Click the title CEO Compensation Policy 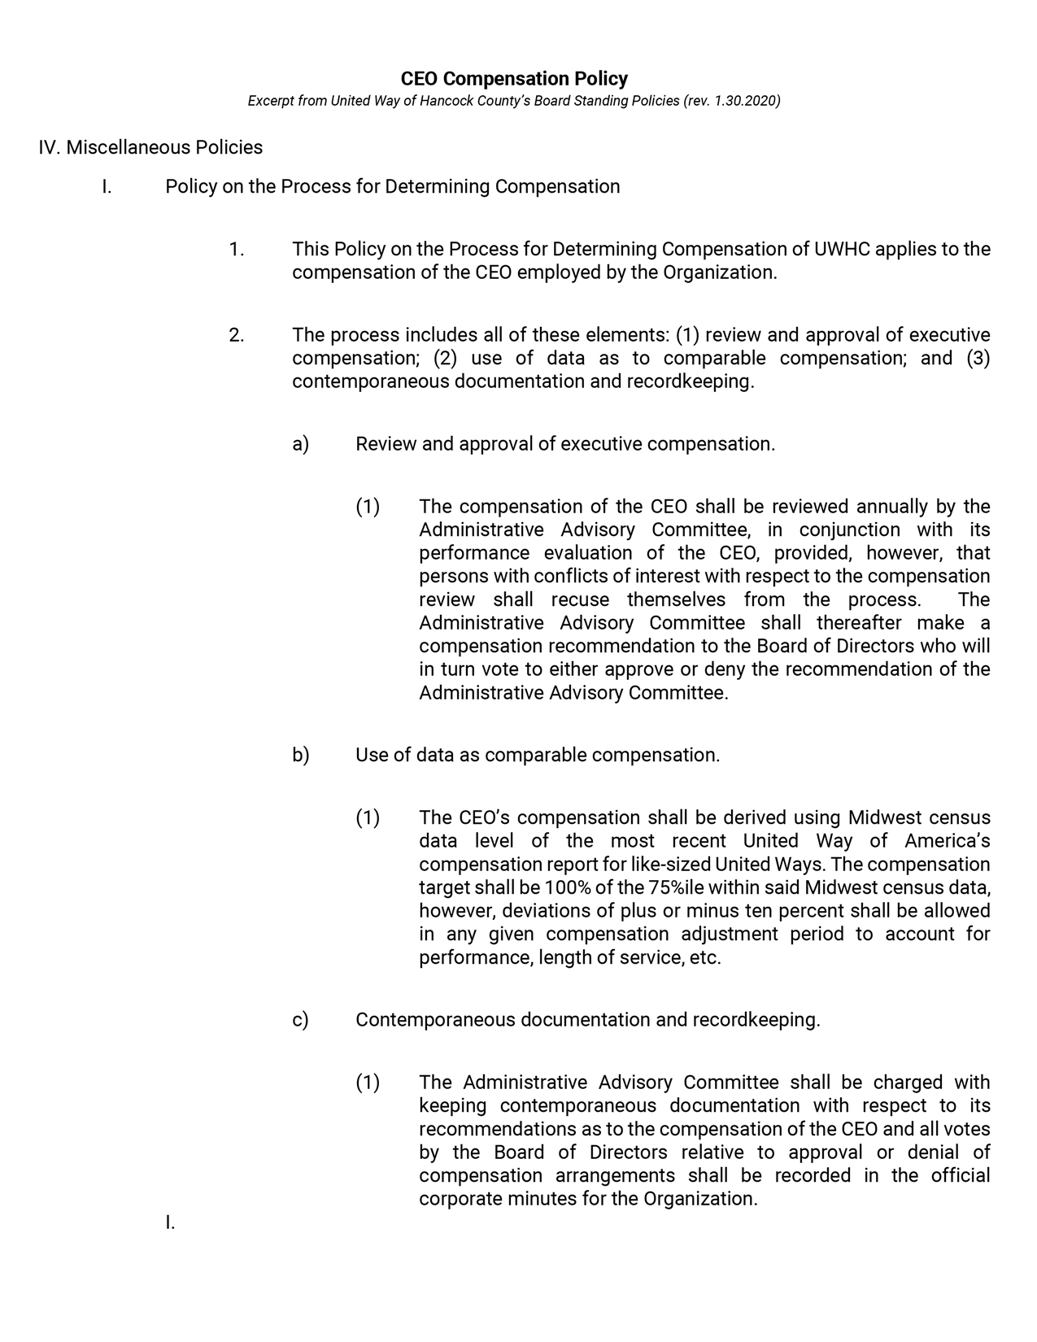coord(514,79)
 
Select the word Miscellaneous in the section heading coord(129,147)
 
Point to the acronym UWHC coord(844,249)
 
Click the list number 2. coord(237,335)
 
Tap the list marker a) coord(301,444)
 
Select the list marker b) coord(301,755)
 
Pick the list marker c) coord(301,1020)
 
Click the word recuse coord(580,600)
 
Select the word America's coord(947,841)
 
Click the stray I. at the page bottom coord(170,1222)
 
